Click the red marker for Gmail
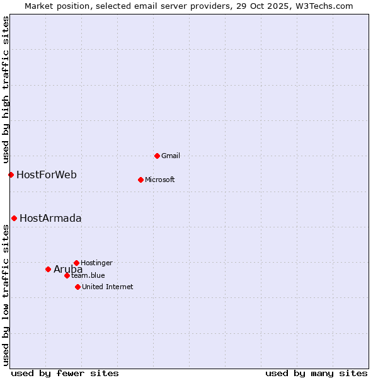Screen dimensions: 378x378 (157, 156)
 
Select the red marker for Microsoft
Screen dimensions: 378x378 (140, 180)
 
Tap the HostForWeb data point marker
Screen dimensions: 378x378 (11, 175)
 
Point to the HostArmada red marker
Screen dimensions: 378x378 (14, 218)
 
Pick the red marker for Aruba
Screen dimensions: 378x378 (48, 269)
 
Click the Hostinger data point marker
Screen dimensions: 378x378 (76, 263)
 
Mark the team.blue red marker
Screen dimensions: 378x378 (67, 275)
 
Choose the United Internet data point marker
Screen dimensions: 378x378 (77, 287)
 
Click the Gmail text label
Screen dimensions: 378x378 (171, 156)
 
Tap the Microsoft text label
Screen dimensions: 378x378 (160, 180)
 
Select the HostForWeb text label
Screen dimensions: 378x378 (47, 175)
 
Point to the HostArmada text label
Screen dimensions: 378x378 (50, 218)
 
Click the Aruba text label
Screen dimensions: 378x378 (68, 269)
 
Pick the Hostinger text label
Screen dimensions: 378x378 (96, 263)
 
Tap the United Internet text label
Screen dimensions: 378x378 (108, 287)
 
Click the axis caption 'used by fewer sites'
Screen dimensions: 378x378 (65, 373)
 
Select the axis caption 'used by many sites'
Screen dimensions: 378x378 (316, 373)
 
